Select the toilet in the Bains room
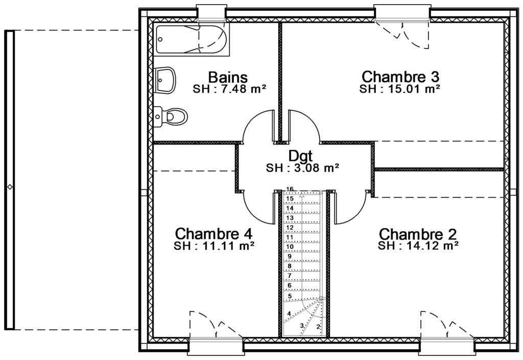tap(171, 116)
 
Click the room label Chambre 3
tap(400, 76)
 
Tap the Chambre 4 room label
tap(213, 233)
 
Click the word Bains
tap(228, 77)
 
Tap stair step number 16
tap(290, 189)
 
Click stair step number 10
tap(290, 247)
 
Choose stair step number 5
tap(290, 296)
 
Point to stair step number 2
tap(318, 327)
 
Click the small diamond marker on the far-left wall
tap(10, 187)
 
